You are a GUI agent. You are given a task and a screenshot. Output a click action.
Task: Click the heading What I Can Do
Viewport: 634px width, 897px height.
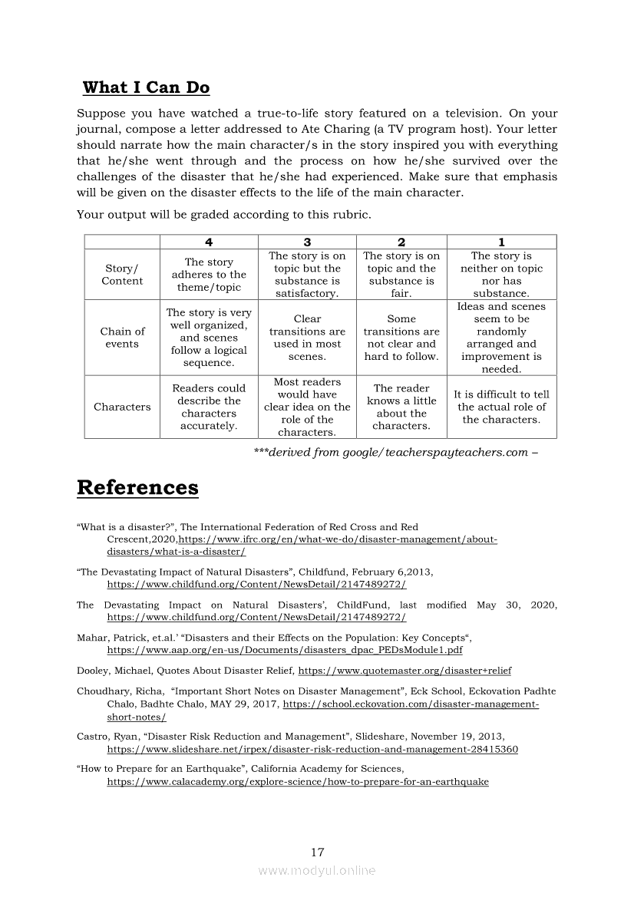coord(146,87)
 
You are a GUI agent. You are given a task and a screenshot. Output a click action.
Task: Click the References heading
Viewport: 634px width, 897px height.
coord(137,488)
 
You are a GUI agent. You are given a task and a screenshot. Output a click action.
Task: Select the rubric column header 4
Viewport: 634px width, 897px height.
coord(209,242)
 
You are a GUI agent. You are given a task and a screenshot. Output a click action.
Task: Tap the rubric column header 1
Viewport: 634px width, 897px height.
coord(501,242)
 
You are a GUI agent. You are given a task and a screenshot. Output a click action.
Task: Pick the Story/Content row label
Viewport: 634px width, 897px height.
coord(122,275)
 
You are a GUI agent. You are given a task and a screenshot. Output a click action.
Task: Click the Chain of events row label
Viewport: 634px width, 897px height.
coord(122,338)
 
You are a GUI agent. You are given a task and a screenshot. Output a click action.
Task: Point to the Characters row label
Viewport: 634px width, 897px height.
coord(122,407)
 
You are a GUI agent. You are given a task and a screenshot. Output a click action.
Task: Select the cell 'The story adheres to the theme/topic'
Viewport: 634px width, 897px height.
coord(209,275)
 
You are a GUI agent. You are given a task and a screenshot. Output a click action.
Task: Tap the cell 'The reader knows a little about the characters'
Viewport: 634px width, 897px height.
coord(401,407)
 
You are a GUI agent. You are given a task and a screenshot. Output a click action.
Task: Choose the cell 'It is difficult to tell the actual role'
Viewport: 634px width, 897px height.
coord(501,407)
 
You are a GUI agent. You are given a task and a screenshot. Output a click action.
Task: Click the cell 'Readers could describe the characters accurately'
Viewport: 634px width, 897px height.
coord(209,407)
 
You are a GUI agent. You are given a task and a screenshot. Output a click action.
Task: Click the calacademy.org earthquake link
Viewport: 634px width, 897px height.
coord(297,782)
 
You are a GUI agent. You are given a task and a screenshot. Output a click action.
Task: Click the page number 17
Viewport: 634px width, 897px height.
coord(318,852)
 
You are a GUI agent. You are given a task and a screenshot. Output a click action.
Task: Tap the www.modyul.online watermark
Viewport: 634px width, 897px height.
coord(317,870)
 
